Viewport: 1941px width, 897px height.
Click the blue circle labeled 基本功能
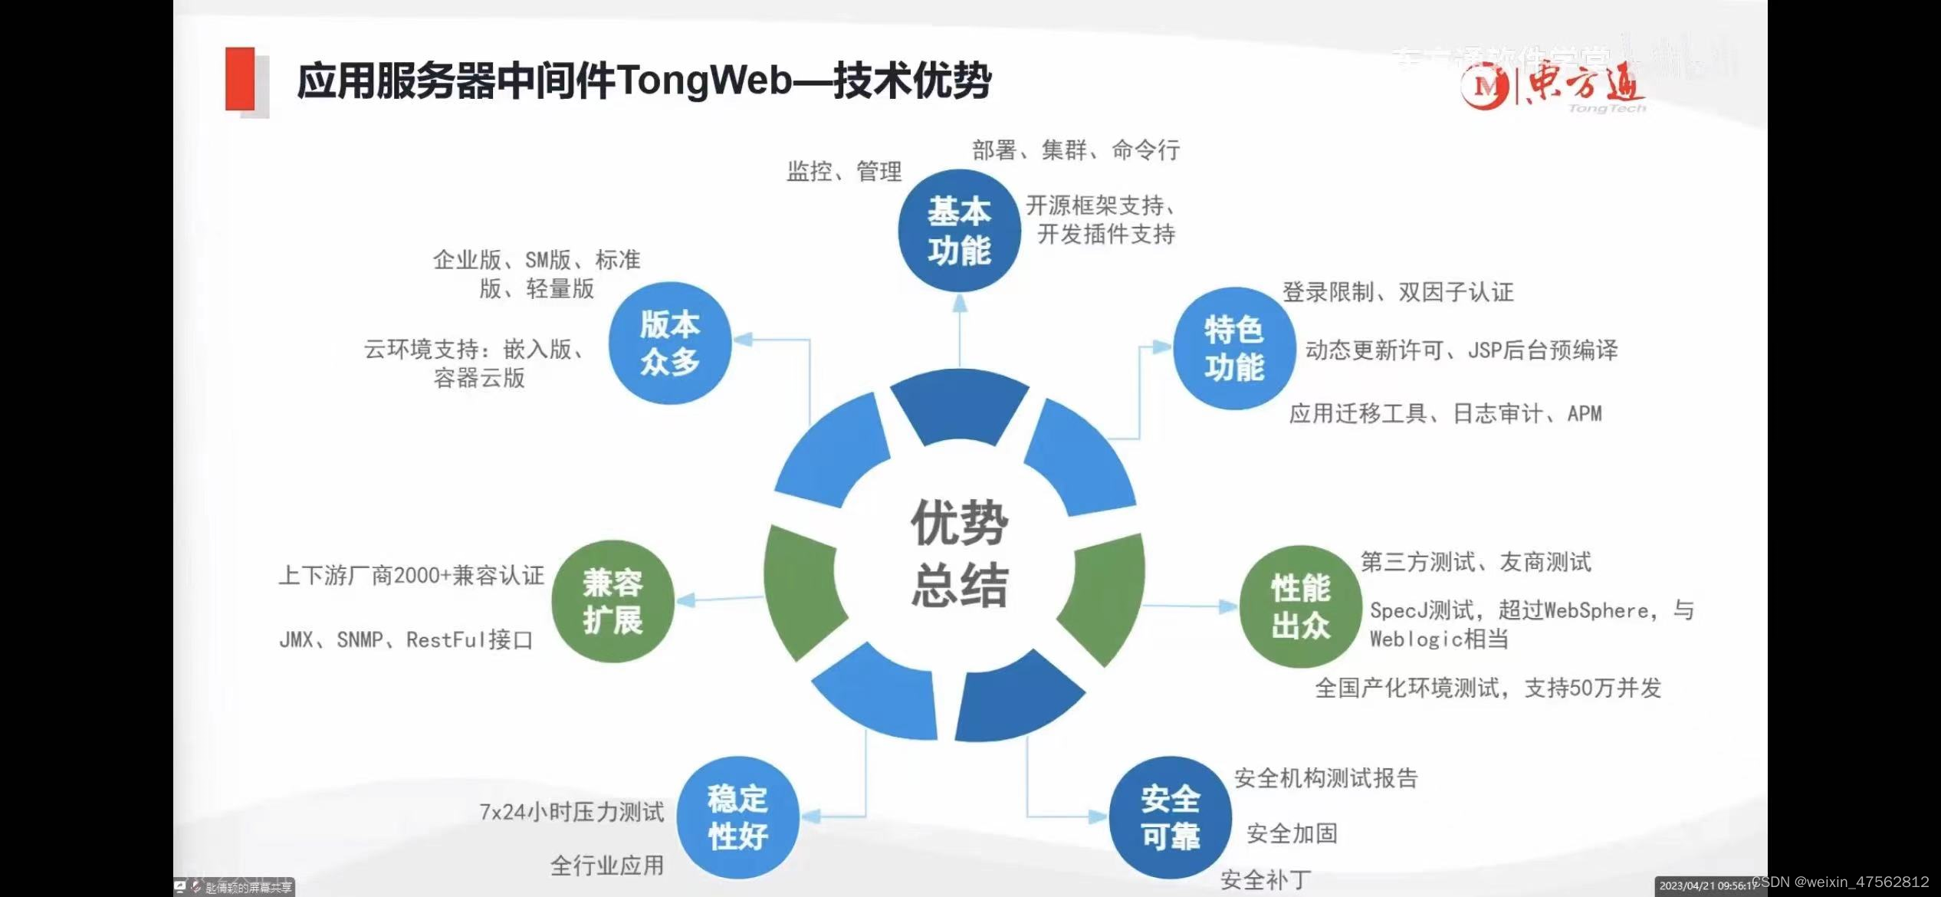click(959, 231)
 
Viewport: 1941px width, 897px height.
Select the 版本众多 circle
click(670, 343)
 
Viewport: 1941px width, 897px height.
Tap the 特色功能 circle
click(1233, 348)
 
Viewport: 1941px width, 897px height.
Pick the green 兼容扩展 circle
click(613, 601)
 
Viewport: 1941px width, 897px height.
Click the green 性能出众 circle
click(1300, 606)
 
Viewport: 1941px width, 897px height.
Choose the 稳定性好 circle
click(737, 817)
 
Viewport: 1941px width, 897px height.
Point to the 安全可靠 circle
click(1170, 817)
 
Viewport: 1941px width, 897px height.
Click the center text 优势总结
click(959, 554)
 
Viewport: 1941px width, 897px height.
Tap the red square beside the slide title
click(240, 79)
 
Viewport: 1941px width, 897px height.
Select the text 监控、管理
click(844, 171)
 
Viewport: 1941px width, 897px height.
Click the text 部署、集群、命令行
click(1076, 150)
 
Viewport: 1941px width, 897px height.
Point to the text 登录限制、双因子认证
click(1397, 292)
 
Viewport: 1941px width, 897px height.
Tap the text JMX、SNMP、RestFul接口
click(406, 639)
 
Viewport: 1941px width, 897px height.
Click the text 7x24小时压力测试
click(571, 812)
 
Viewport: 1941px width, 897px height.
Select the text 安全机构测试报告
click(1325, 778)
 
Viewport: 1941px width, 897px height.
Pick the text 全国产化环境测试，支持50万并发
click(1488, 688)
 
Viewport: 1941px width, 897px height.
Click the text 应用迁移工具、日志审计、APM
click(1445, 414)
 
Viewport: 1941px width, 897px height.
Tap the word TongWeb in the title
click(704, 80)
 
